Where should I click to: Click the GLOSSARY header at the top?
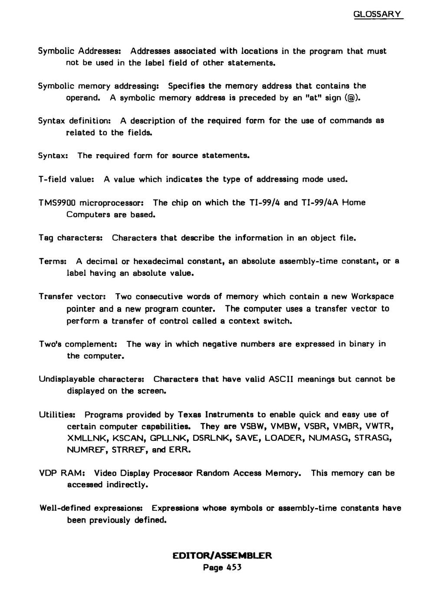pyautogui.click(x=378, y=14)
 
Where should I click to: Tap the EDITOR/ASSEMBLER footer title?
pyautogui.click(x=222, y=556)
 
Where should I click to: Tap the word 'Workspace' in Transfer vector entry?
pyautogui.click(x=372, y=297)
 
